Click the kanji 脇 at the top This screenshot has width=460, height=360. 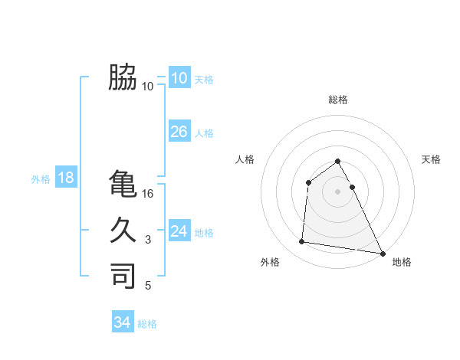click(123, 77)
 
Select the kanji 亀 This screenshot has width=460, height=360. click(123, 184)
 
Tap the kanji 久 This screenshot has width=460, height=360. click(123, 231)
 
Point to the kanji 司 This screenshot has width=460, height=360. click(123, 276)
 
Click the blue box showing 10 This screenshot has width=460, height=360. click(179, 78)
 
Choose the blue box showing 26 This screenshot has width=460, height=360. click(179, 132)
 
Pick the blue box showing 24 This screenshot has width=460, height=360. click(179, 231)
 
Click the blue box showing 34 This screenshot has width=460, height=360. click(122, 322)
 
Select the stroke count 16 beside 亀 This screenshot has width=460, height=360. click(149, 194)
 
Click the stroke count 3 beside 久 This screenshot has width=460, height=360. click(148, 241)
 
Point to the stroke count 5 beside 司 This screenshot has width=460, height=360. click(148, 286)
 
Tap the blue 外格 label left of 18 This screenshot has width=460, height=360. click(41, 179)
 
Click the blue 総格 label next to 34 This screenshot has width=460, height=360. click(147, 324)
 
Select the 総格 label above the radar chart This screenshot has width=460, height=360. click(337, 100)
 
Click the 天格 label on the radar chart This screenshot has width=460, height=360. click(432, 159)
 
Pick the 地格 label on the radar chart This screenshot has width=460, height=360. click(402, 262)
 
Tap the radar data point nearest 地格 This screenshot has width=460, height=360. click(383, 254)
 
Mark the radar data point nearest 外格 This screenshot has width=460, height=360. click(302, 242)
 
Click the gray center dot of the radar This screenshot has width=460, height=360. click(337, 191)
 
